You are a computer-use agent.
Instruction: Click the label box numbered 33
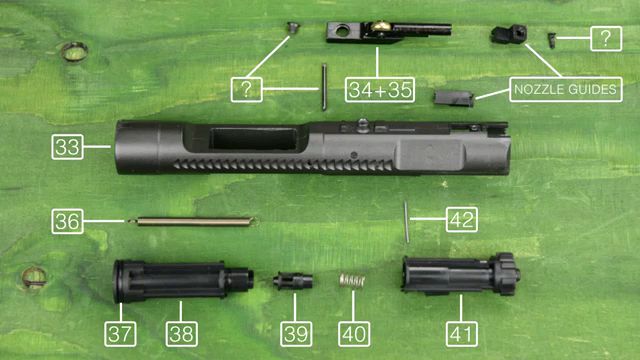tap(67, 147)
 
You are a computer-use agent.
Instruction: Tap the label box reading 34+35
tap(380, 90)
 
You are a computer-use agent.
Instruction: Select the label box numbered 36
tap(67, 221)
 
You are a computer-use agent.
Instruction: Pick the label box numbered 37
tap(120, 334)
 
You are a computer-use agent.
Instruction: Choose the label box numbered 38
tap(182, 334)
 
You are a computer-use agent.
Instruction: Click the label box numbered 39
tap(296, 334)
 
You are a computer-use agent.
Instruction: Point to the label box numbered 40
tap(354, 334)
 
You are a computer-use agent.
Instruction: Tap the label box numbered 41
tap(462, 334)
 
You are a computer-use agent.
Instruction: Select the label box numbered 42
tap(462, 220)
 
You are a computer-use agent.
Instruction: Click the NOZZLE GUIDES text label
tap(566, 89)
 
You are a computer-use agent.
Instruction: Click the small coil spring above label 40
tap(352, 281)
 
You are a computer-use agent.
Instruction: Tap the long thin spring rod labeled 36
tap(191, 221)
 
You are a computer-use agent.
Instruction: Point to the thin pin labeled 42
tap(407, 222)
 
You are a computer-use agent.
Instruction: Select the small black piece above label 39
tap(293, 280)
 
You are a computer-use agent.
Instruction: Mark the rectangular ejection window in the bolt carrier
tap(253, 139)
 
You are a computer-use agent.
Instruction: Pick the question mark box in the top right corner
tap(606, 38)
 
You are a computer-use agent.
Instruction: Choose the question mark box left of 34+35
tap(247, 90)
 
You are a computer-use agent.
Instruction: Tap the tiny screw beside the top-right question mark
tap(551, 40)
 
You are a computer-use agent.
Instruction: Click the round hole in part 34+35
tap(342, 30)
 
